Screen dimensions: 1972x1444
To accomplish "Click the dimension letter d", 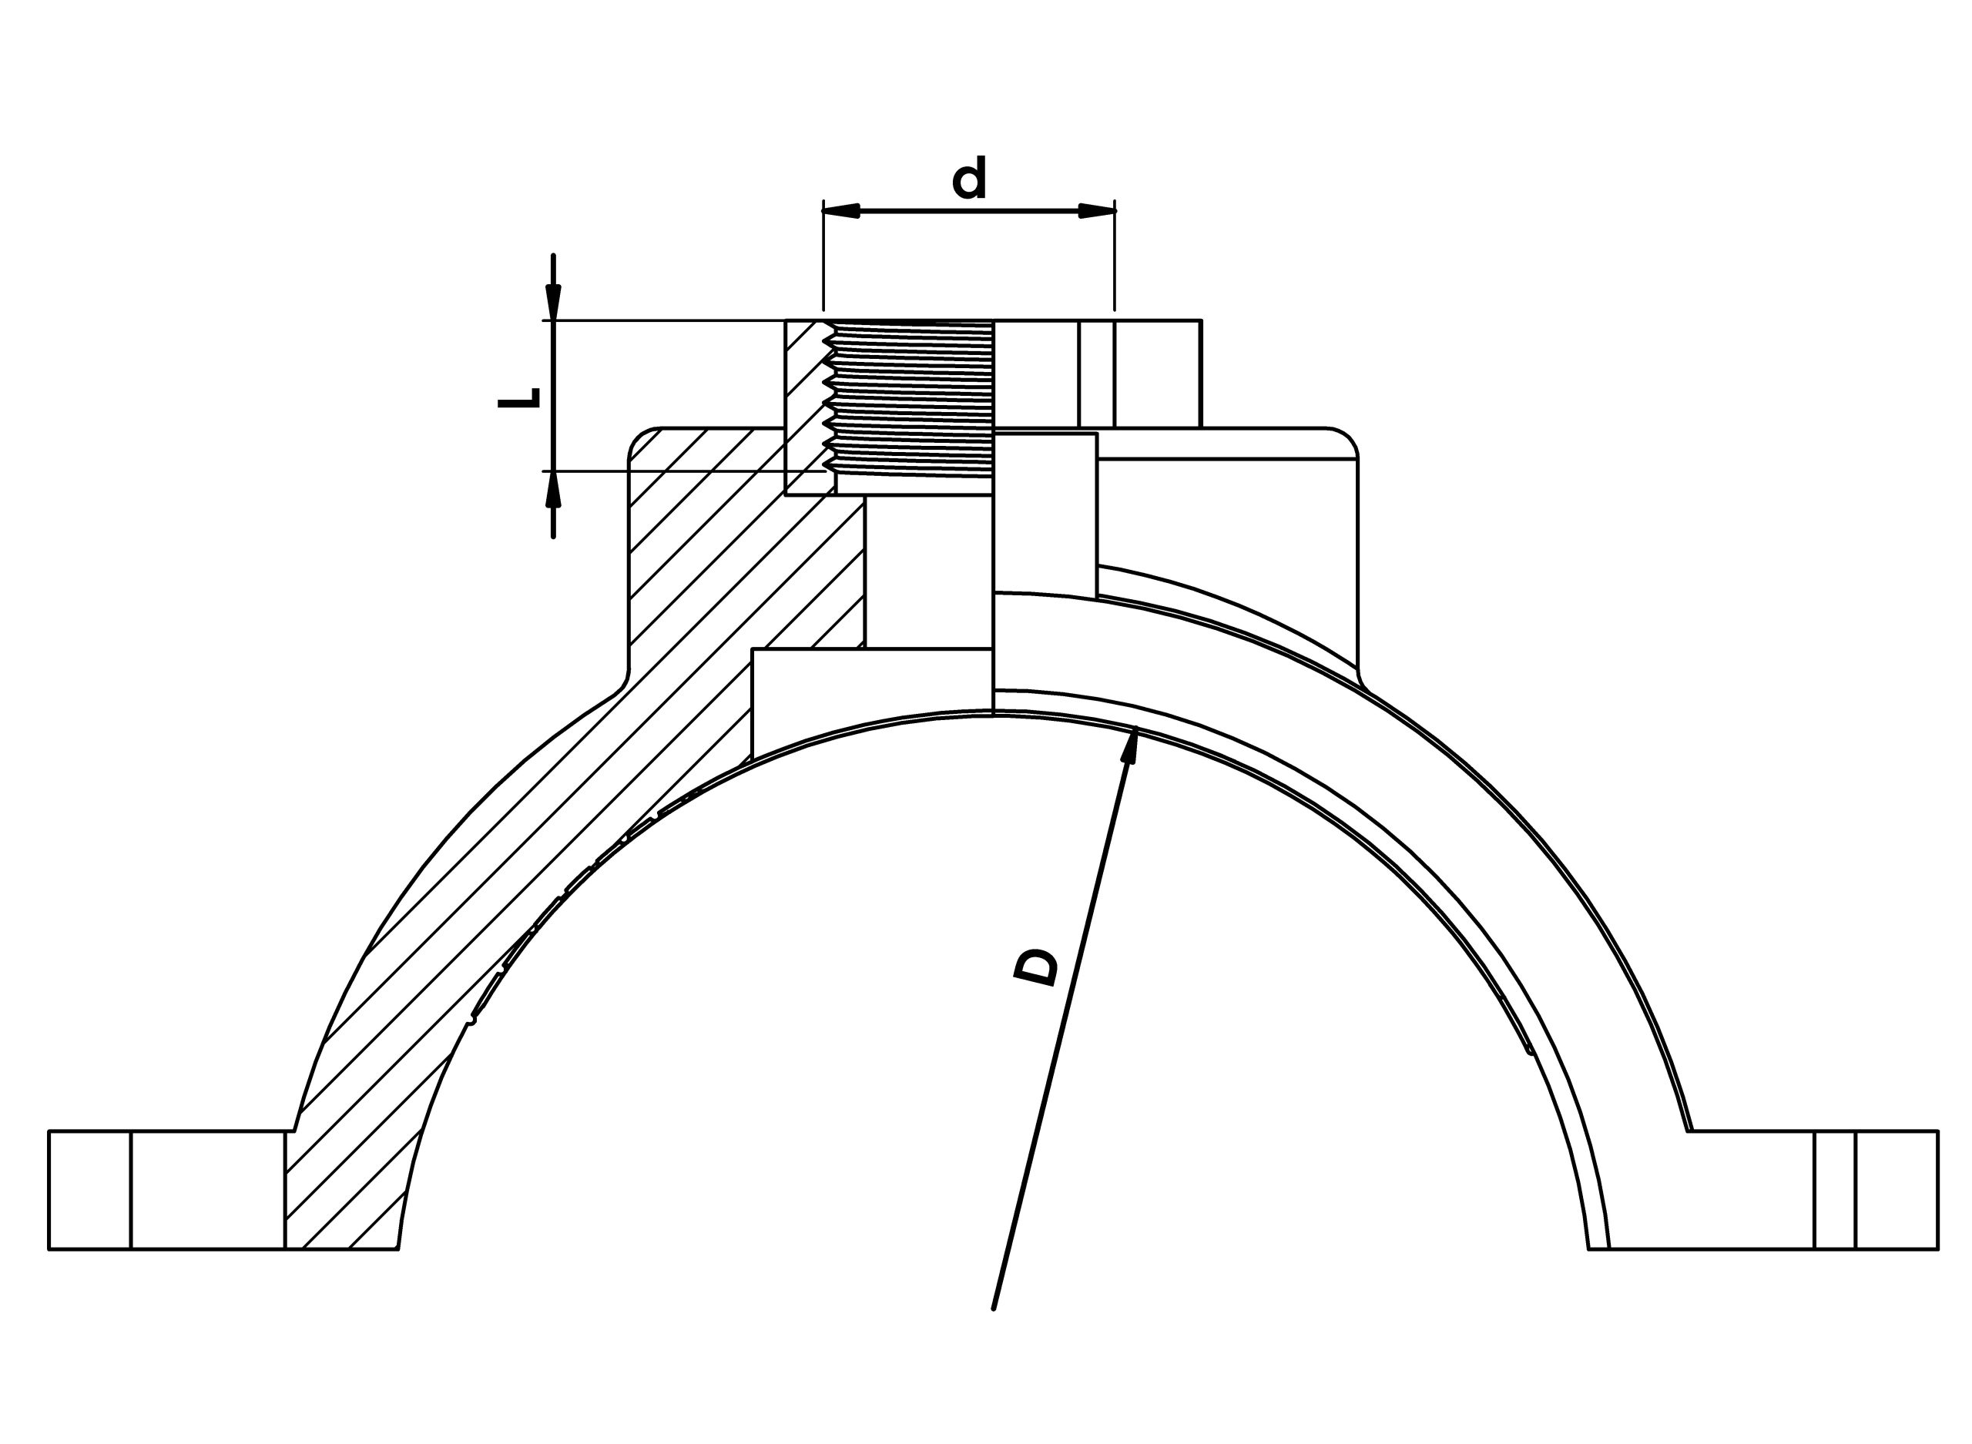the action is [x=968, y=179].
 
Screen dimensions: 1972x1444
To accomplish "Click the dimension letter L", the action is [x=519, y=399].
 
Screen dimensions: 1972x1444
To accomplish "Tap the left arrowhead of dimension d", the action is [x=842, y=211].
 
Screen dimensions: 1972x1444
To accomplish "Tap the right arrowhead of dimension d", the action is [x=1097, y=211].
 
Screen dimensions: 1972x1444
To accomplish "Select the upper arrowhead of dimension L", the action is [x=553, y=303].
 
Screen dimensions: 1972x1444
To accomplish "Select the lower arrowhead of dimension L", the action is [x=553, y=490].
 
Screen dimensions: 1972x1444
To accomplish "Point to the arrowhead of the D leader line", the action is [x=1130, y=745].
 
